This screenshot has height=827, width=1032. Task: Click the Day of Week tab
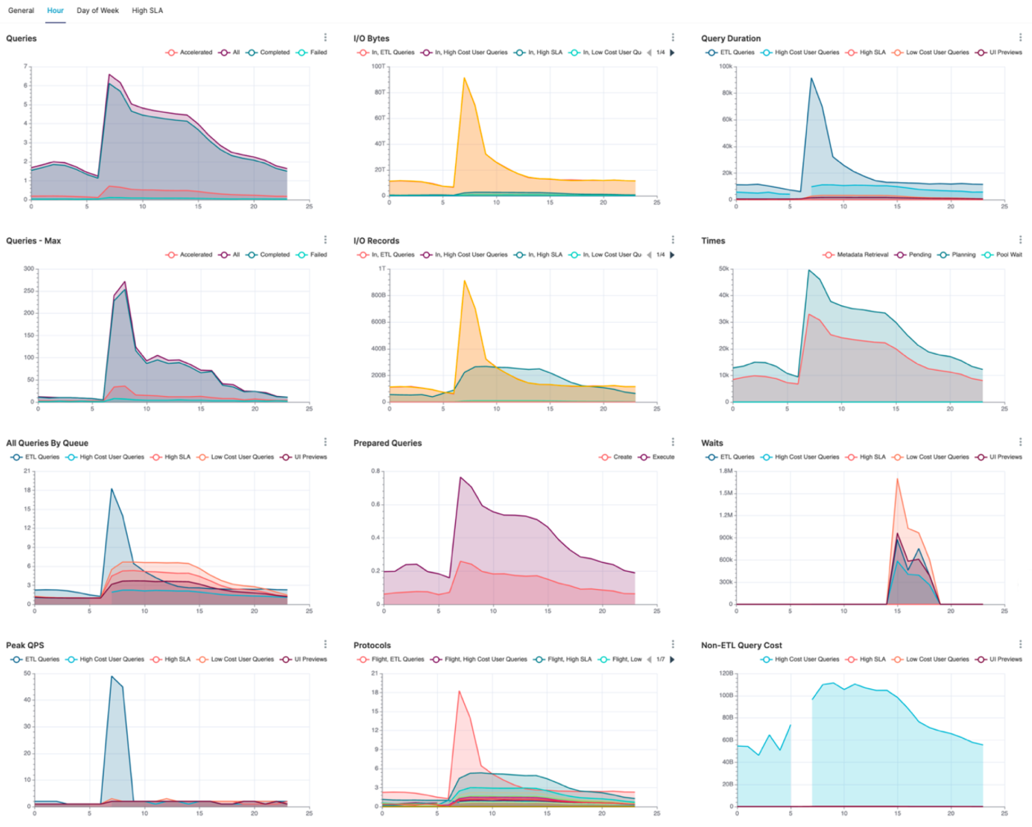tap(97, 10)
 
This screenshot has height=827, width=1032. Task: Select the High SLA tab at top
tap(148, 10)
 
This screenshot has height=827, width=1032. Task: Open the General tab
tap(21, 10)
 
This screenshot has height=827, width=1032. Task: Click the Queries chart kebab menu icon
tap(325, 38)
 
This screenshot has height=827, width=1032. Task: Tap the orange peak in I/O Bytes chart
tap(465, 78)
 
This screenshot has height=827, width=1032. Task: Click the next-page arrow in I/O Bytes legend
tap(672, 52)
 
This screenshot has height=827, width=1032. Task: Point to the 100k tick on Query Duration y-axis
tap(725, 67)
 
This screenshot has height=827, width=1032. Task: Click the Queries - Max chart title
tap(34, 241)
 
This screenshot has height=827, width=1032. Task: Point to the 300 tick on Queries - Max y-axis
tap(28, 268)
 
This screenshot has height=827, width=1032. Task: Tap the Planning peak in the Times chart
tap(809, 270)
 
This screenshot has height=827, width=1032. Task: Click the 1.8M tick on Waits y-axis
tap(725, 471)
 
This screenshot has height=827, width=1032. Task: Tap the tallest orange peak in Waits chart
tap(898, 479)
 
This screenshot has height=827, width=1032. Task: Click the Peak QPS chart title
tap(25, 645)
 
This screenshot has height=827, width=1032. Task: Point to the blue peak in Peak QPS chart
tap(112, 677)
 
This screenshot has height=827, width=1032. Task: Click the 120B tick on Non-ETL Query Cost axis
tap(726, 673)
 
